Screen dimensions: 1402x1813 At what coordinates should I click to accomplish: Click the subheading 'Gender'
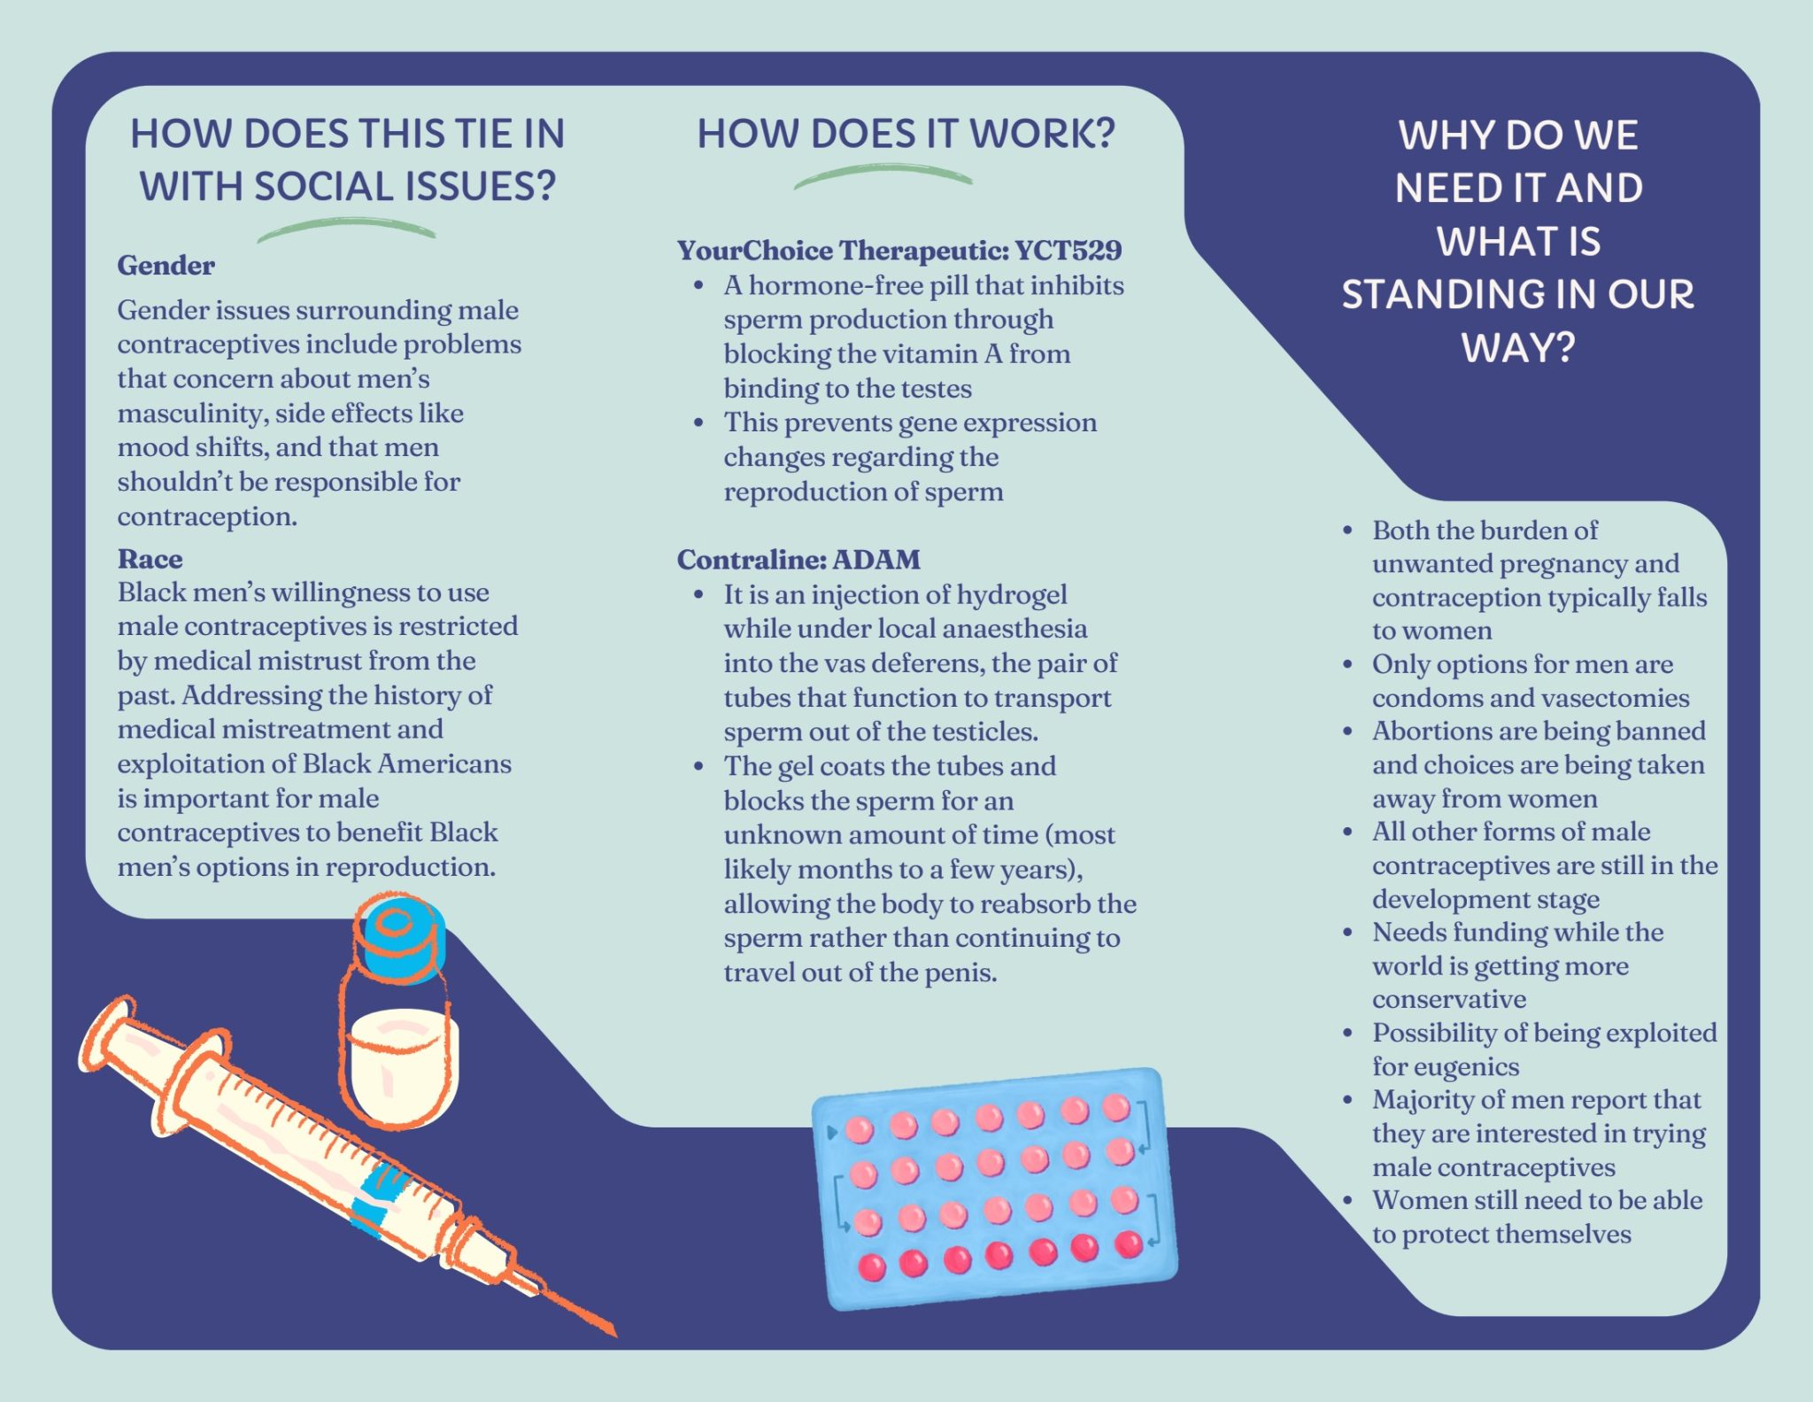(166, 266)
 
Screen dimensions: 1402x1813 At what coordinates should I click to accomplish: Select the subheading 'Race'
(150, 559)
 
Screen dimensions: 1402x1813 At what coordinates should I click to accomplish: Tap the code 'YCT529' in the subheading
(1068, 251)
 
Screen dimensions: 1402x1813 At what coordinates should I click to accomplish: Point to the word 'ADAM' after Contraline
(876, 560)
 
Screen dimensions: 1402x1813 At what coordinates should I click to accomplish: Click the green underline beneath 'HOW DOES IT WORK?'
(883, 176)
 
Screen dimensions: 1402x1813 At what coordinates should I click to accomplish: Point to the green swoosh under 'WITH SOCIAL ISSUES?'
(345, 229)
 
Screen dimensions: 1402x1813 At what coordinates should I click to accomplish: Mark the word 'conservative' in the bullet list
(1449, 1000)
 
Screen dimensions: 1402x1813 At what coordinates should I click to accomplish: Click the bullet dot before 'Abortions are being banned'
(1347, 732)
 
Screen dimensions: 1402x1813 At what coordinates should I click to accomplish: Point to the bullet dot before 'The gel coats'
(698, 766)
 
